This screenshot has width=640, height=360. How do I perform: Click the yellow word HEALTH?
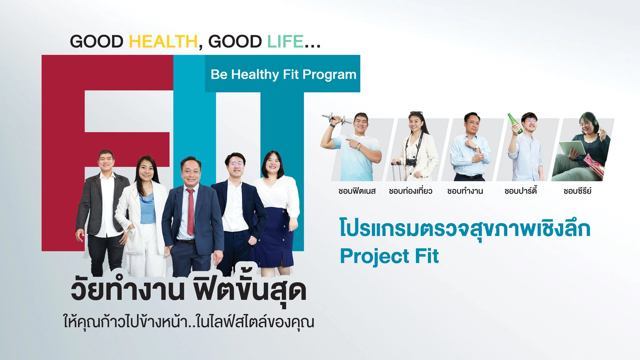[163, 42]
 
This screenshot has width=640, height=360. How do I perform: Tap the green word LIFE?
[285, 42]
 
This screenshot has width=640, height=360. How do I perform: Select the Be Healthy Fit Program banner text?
[283, 75]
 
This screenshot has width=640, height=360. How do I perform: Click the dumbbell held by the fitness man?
[336, 118]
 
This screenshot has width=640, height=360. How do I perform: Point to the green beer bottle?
[515, 123]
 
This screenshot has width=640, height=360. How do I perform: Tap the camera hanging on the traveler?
[411, 162]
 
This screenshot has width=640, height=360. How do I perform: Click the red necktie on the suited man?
[190, 212]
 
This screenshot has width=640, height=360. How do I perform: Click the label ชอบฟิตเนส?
[357, 191]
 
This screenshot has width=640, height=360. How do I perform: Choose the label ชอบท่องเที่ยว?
[410, 191]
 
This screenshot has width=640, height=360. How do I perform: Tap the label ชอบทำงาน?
[465, 191]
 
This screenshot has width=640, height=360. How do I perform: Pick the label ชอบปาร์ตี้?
[520, 191]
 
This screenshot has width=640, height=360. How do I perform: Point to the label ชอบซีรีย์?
[577, 191]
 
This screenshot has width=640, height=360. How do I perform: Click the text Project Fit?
[389, 256]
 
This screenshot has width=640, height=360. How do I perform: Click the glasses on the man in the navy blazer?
[236, 164]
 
